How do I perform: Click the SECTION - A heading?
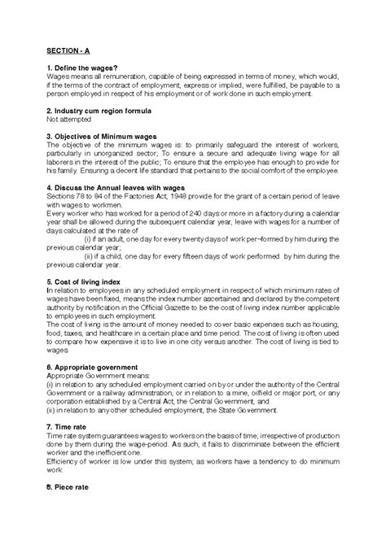(x=69, y=49)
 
